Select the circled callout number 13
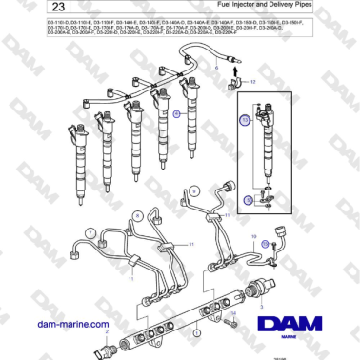pyautogui.click(x=245, y=121)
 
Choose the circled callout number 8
pyautogui.click(x=137, y=217)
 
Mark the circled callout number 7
pyautogui.click(x=89, y=232)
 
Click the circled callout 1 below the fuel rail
pyautogui.click(x=195, y=334)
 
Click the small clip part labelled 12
pyautogui.click(x=236, y=87)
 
